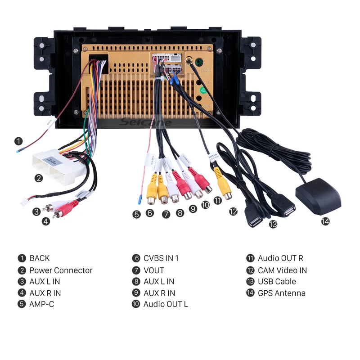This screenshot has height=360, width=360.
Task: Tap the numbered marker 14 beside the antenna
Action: pyautogui.click(x=325, y=221)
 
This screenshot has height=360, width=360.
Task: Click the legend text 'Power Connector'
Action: pyautogui.click(x=61, y=270)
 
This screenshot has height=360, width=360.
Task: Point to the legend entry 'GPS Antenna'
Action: pyautogui.click(x=281, y=293)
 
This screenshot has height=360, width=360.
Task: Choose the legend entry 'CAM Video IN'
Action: pyautogui.click(x=282, y=270)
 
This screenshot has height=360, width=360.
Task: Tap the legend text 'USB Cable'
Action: pyautogui.click(x=277, y=282)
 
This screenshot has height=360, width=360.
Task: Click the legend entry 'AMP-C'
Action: pyautogui.click(x=42, y=304)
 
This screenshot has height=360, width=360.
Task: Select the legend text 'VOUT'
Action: pyautogui.click(x=154, y=270)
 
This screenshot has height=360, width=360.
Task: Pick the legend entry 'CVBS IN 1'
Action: pyautogui.click(x=161, y=258)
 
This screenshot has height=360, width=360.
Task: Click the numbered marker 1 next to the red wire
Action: pyautogui.click(x=18, y=141)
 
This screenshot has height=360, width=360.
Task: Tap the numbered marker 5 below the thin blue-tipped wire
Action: pyautogui.click(x=136, y=214)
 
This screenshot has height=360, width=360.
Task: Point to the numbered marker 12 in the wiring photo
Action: pyautogui.click(x=233, y=211)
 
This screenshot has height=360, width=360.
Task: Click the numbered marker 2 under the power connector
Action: pyautogui.click(x=39, y=178)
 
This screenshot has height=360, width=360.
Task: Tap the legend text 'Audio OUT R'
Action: pyautogui.click(x=280, y=258)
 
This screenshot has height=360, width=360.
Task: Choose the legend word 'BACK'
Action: pyautogui.click(x=40, y=258)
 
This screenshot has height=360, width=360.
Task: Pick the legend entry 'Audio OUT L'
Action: pyautogui.click(x=166, y=304)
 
